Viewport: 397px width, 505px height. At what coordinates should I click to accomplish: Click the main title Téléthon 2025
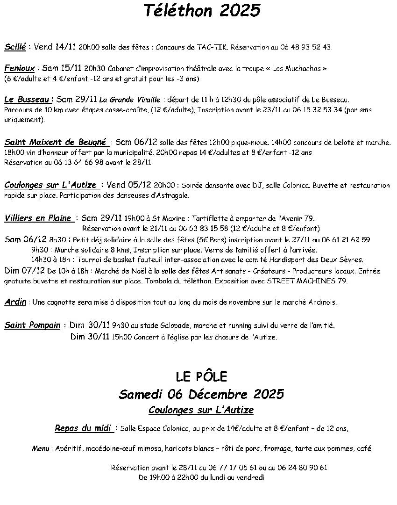tap(201, 10)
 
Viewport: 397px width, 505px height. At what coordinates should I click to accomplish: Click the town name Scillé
tap(15, 47)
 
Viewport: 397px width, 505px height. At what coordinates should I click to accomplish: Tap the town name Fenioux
tap(19, 68)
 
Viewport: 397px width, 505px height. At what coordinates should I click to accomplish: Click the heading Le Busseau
tap(27, 99)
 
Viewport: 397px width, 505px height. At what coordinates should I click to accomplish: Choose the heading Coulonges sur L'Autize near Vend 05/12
tap(50, 185)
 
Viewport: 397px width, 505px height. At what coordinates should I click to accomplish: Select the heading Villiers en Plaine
tap(37, 218)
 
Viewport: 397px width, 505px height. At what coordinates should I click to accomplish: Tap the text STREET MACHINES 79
tap(307, 281)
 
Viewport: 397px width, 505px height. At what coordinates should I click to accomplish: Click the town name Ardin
tap(15, 302)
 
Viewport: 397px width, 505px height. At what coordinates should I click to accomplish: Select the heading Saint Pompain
tap(32, 325)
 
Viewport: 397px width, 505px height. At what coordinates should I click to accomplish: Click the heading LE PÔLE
tap(201, 376)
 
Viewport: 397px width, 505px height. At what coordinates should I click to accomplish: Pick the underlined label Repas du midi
tap(83, 427)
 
